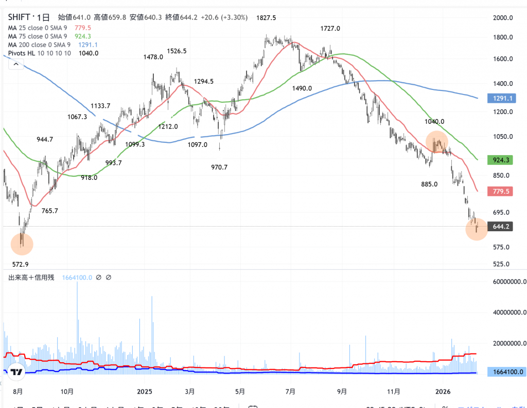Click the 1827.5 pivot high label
pyautogui.click(x=266, y=18)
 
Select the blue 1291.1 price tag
pyautogui.click(x=499, y=98)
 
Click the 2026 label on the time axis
pyautogui.click(x=443, y=391)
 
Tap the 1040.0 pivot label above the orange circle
pyautogui.click(x=434, y=122)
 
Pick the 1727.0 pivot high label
pyautogui.click(x=330, y=28)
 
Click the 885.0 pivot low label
pyautogui.click(x=429, y=184)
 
